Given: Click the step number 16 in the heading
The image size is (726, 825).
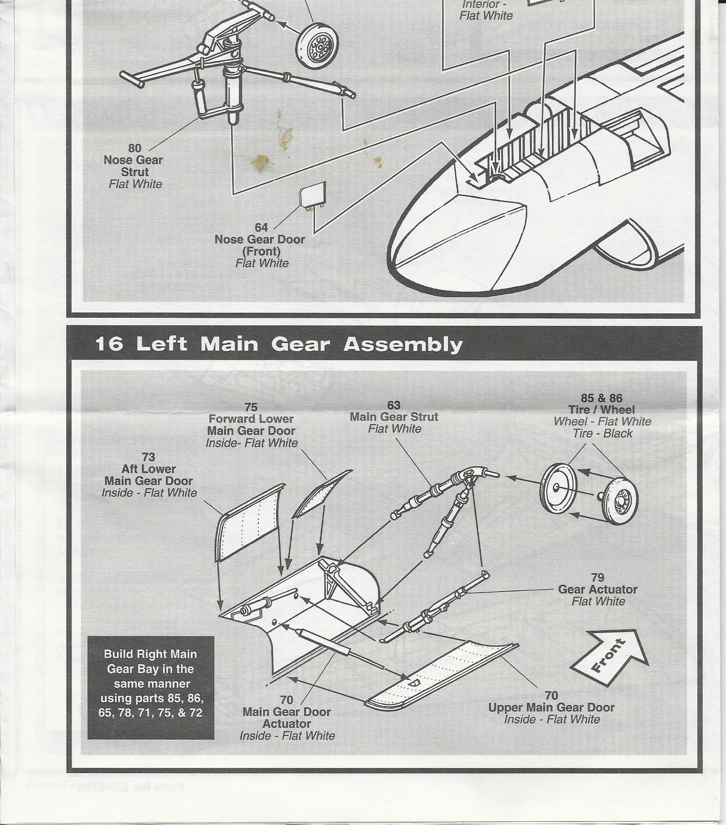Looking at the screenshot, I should [109, 343].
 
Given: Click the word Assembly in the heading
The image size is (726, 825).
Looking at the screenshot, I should [403, 344].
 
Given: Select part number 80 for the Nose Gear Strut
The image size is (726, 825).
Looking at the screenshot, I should [135, 148].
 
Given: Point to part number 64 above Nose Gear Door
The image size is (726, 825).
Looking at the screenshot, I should [261, 227].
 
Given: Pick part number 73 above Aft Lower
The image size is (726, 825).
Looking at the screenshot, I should [148, 457].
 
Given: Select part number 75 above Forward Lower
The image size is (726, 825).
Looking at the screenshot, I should [251, 407].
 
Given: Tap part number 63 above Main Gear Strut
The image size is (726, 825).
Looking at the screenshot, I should [394, 405].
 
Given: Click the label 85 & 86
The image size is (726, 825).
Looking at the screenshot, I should [602, 398].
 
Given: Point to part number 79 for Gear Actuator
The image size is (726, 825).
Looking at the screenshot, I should [598, 577].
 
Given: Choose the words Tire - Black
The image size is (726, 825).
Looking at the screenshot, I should [603, 433].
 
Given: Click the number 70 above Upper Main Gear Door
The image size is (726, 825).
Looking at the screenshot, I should [551, 695].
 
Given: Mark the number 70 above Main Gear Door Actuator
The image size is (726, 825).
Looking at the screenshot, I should [286, 700].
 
